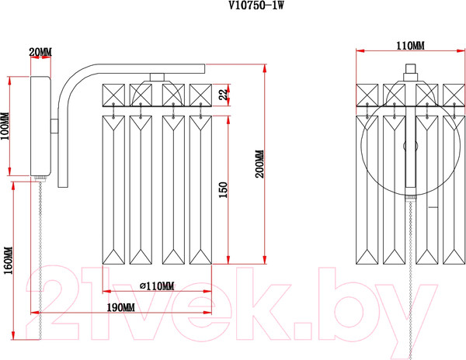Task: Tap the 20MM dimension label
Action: click(x=40, y=52)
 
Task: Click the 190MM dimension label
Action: click(x=120, y=307)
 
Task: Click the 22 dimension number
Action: click(x=222, y=94)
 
